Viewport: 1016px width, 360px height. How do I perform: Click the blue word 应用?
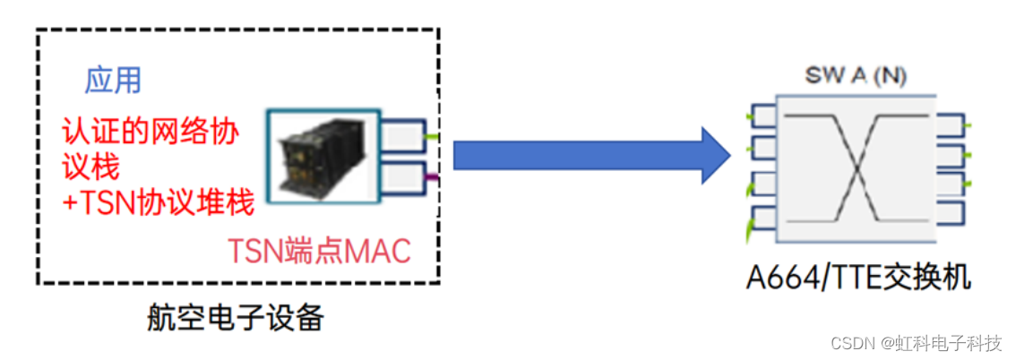click(113, 81)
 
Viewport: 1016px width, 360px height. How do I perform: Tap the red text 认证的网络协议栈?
click(151, 148)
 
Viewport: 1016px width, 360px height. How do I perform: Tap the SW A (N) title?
click(855, 76)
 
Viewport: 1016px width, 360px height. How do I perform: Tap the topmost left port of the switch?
click(763, 116)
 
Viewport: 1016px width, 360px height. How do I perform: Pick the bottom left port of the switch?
click(763, 218)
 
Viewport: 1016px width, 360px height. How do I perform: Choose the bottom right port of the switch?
click(950, 213)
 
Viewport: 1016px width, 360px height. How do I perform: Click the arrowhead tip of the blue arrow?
click(729, 155)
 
